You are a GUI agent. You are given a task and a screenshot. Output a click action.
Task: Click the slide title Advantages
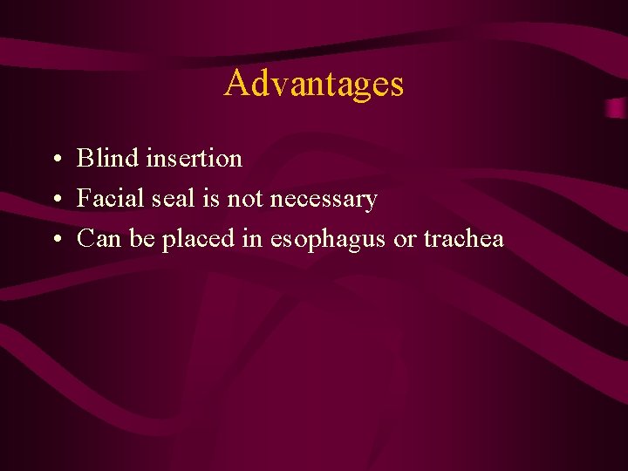(314, 84)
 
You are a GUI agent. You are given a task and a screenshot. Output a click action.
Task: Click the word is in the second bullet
(210, 198)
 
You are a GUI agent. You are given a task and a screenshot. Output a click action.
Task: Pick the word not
(245, 199)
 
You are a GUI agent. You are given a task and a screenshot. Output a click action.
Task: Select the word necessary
(324, 200)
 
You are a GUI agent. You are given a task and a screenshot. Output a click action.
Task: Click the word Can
(99, 238)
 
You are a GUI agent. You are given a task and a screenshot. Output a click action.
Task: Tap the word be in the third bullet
(142, 238)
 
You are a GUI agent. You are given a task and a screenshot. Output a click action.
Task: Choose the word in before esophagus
(252, 238)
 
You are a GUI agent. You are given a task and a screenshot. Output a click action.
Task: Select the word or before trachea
(405, 239)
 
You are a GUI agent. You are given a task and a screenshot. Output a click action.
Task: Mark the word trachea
(464, 238)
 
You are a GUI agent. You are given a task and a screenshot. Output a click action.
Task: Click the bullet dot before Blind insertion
(55, 160)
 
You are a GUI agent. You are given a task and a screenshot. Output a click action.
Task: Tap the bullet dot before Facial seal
(55, 200)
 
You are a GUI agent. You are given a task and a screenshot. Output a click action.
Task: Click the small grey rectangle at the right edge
(617, 108)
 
